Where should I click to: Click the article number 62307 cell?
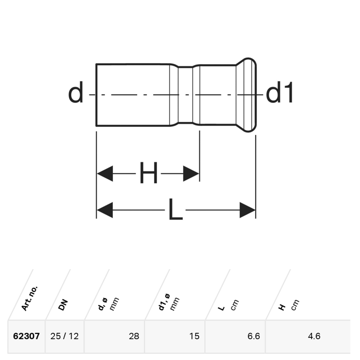[x=26, y=336]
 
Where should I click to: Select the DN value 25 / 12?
[x=64, y=336]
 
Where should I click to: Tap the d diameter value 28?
[x=134, y=336]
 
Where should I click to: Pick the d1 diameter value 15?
[x=194, y=336]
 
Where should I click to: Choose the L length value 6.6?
[x=254, y=336]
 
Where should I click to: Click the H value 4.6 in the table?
[x=314, y=336]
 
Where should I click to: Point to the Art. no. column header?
[x=29, y=298]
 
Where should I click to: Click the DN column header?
[x=63, y=305]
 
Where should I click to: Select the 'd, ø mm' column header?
[x=108, y=304]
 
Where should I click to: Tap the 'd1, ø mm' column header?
[x=169, y=302]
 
